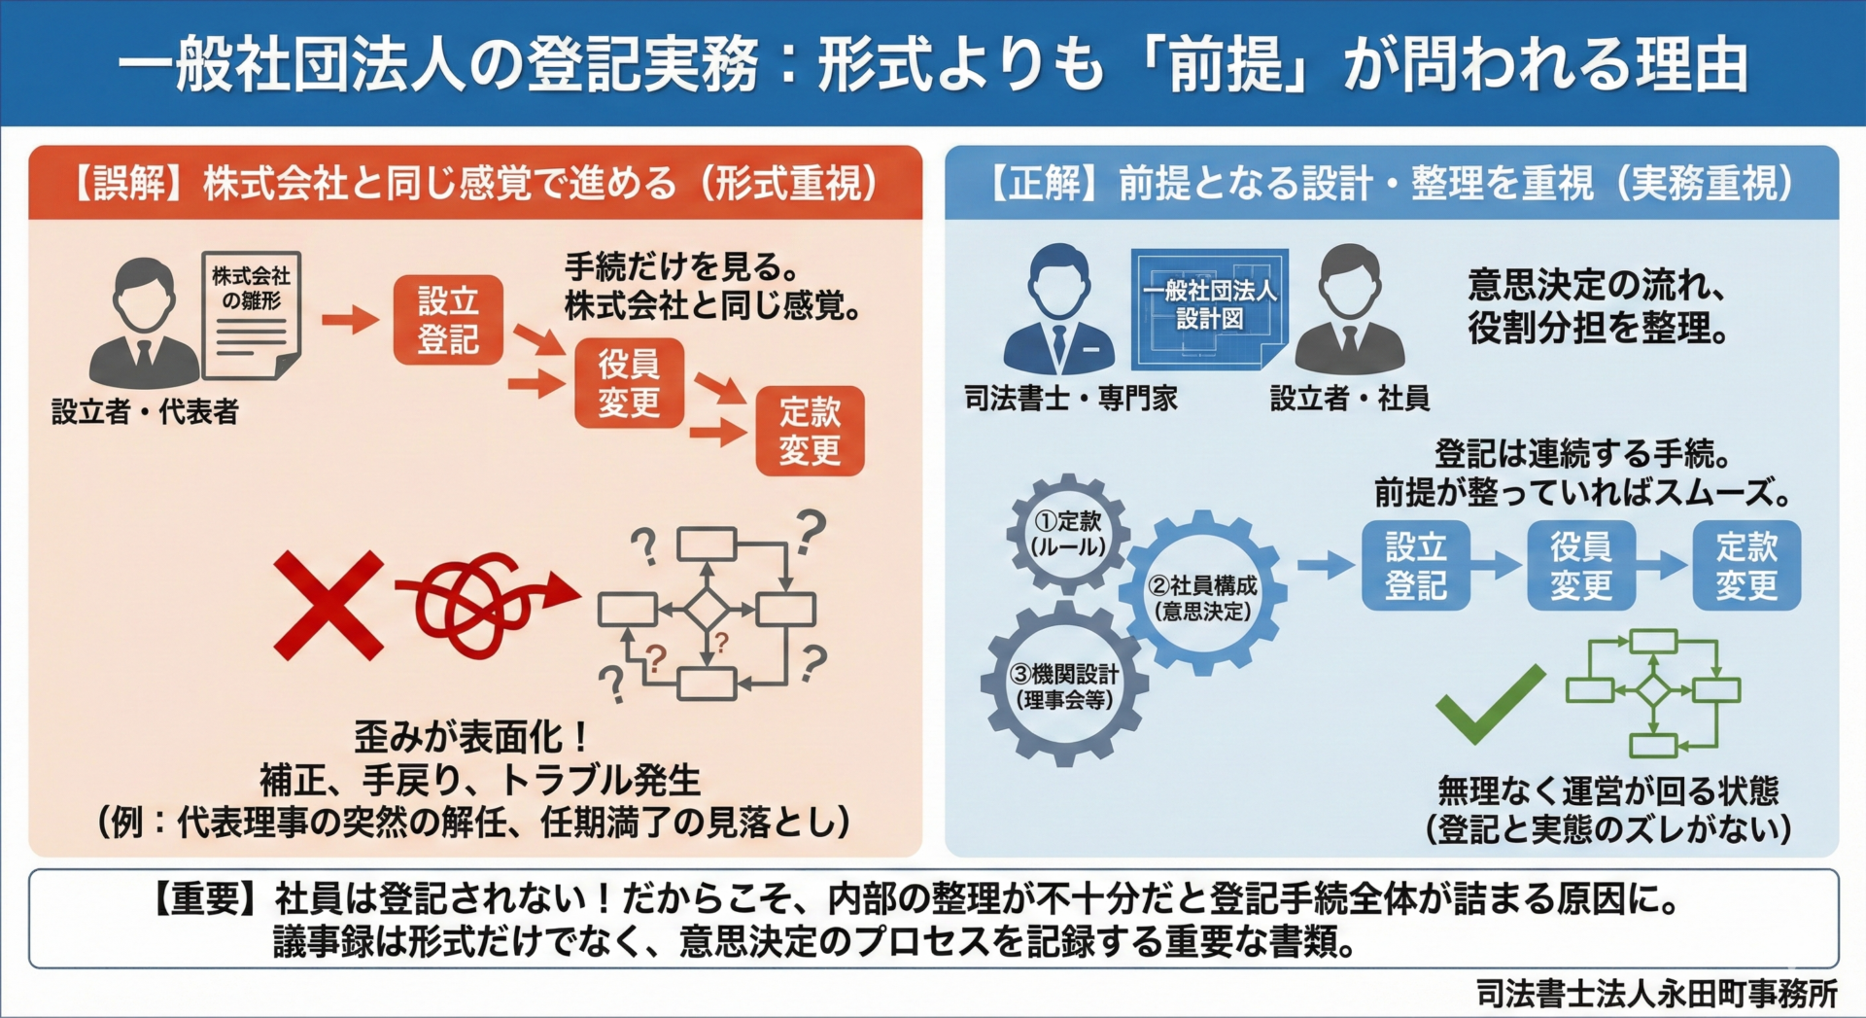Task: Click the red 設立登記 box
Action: tap(448, 320)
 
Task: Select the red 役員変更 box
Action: tap(629, 383)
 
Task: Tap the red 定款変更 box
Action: tap(810, 431)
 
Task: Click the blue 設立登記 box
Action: tap(1415, 566)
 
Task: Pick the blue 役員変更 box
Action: tap(1580, 566)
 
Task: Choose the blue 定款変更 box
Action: tap(1745, 566)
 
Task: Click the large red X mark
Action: tap(328, 605)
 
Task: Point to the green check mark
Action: tap(1489, 702)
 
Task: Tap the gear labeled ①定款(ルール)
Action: tap(1068, 534)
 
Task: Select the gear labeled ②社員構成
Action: tap(1203, 596)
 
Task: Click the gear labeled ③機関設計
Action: tap(1064, 685)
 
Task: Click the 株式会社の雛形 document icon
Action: tap(252, 314)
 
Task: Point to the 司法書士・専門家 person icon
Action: tap(1058, 311)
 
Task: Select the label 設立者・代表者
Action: tap(145, 412)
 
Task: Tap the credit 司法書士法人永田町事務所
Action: tap(1656, 994)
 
